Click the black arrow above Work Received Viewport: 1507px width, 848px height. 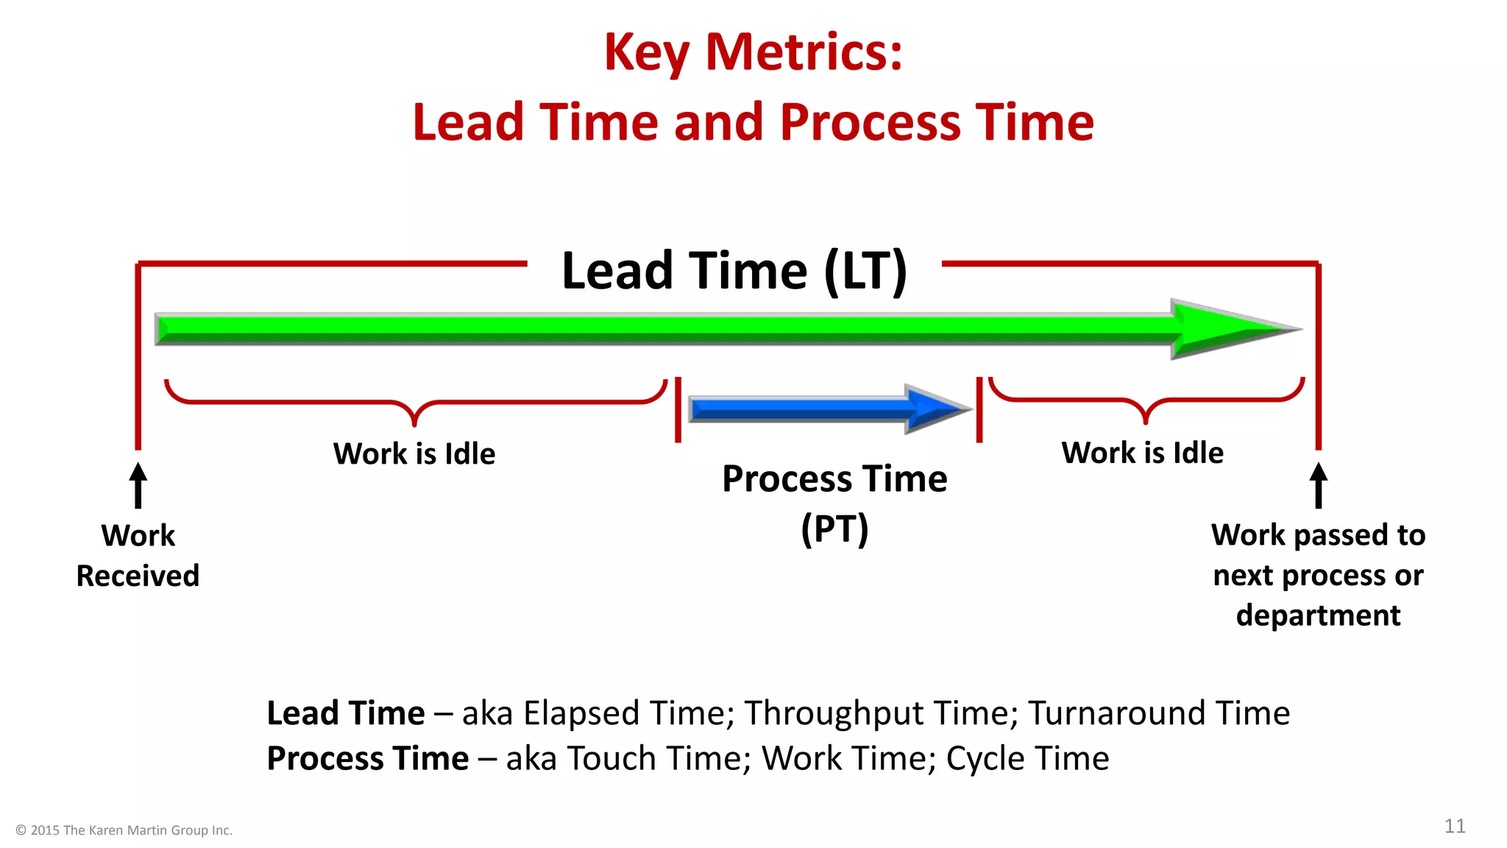point(138,485)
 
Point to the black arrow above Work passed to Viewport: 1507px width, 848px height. point(1318,485)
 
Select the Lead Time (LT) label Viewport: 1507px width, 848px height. point(734,271)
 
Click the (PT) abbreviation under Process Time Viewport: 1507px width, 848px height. point(834,529)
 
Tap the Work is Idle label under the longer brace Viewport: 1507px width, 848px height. point(414,453)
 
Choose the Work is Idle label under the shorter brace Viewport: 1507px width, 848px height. point(1142,452)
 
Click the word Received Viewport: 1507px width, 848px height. point(138,576)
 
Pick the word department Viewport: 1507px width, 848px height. point(1318,615)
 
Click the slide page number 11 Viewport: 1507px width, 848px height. point(1454,826)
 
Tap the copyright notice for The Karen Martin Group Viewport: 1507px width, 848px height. point(124,830)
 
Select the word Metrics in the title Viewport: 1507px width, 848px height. point(804,53)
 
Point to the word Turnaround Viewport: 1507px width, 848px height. point(1116,713)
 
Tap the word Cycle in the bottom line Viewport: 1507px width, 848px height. point(985,759)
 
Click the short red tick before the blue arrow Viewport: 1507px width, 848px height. point(678,410)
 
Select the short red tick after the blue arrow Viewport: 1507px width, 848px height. point(979,410)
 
